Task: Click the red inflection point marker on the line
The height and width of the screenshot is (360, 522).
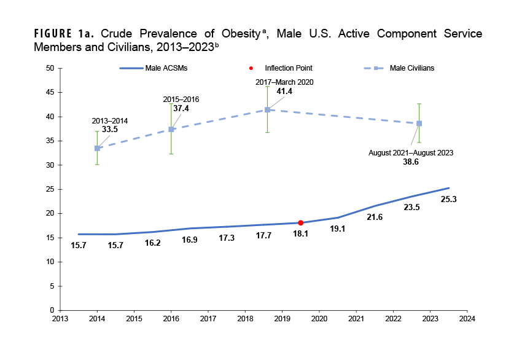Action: pyautogui.click(x=300, y=222)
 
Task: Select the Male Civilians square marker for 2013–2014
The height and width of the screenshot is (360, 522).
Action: pyautogui.click(x=97, y=148)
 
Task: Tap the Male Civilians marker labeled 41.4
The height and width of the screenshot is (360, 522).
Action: pyautogui.click(x=267, y=110)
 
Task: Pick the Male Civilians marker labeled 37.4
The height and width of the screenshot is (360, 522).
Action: pyautogui.click(x=171, y=129)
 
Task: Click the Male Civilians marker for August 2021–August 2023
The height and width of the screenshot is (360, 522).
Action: pyautogui.click(x=419, y=123)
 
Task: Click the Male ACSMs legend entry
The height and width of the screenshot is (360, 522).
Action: pyautogui.click(x=154, y=68)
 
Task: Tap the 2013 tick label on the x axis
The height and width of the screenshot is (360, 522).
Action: pyautogui.click(x=60, y=319)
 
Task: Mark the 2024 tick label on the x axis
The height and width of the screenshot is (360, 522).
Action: pyautogui.click(x=467, y=319)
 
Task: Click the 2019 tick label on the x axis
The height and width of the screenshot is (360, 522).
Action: pyautogui.click(x=282, y=319)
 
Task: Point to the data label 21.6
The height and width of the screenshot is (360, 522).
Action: pyautogui.click(x=375, y=217)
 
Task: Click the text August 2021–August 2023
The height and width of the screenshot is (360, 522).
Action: pyautogui.click(x=411, y=152)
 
